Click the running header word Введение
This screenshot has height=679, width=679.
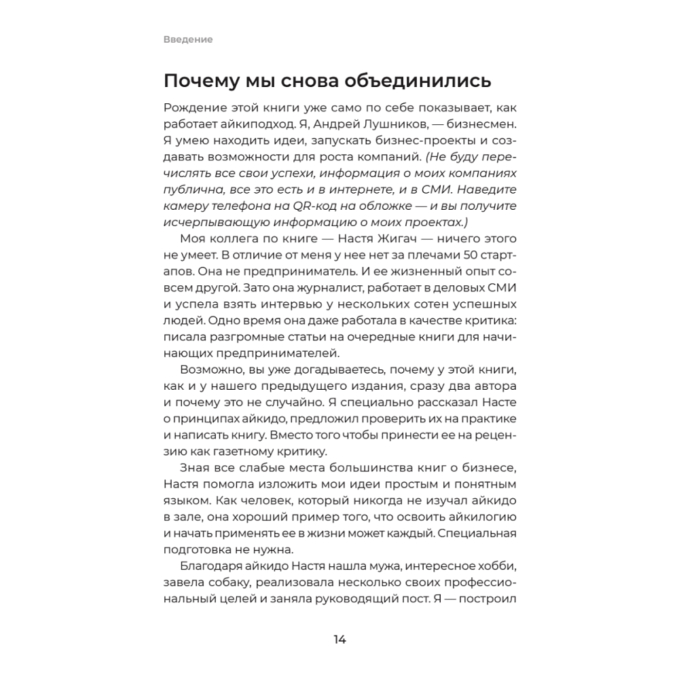188,39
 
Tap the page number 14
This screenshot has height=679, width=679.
339,639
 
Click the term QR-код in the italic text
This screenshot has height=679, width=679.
323,206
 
